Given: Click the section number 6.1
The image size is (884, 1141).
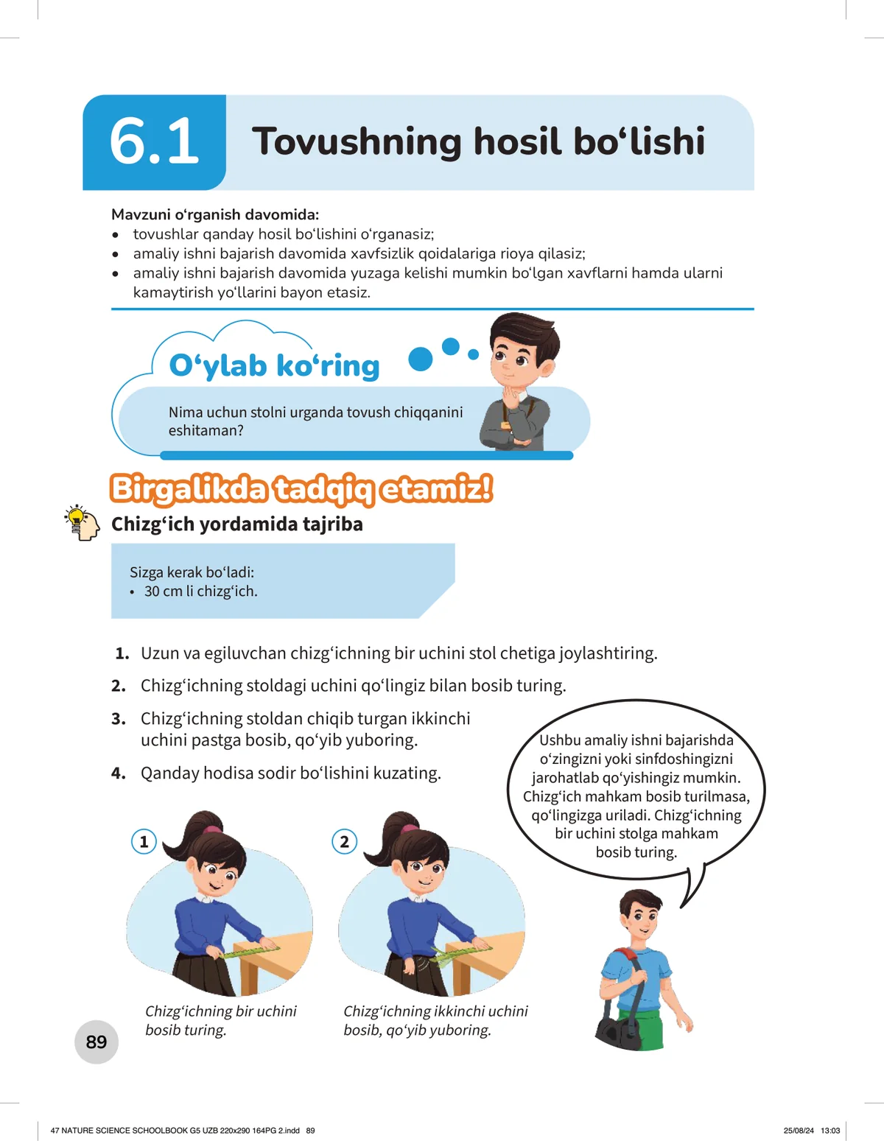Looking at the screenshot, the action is (154, 141).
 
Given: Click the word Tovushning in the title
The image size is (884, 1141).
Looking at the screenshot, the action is (356, 141).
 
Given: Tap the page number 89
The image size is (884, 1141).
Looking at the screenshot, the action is (96, 1042).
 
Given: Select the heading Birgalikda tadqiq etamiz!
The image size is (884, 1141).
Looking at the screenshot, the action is (301, 489).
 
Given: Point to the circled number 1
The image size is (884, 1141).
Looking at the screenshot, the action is (144, 842).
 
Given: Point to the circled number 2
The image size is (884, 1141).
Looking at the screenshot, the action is (344, 842).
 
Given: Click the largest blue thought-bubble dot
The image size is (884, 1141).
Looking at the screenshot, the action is (420, 359).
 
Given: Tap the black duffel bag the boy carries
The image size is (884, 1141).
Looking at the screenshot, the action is (618, 1031).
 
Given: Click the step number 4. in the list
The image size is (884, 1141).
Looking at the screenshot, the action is (119, 773).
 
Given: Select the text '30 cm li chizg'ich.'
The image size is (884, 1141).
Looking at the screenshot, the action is (201, 591).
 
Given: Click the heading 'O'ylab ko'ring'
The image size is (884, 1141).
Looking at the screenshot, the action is (274, 365).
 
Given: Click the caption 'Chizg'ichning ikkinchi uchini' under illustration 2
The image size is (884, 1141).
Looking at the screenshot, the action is (435, 1011).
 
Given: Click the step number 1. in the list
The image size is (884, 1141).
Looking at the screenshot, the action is (122, 653).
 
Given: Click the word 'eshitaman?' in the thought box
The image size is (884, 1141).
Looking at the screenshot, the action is (206, 431).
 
